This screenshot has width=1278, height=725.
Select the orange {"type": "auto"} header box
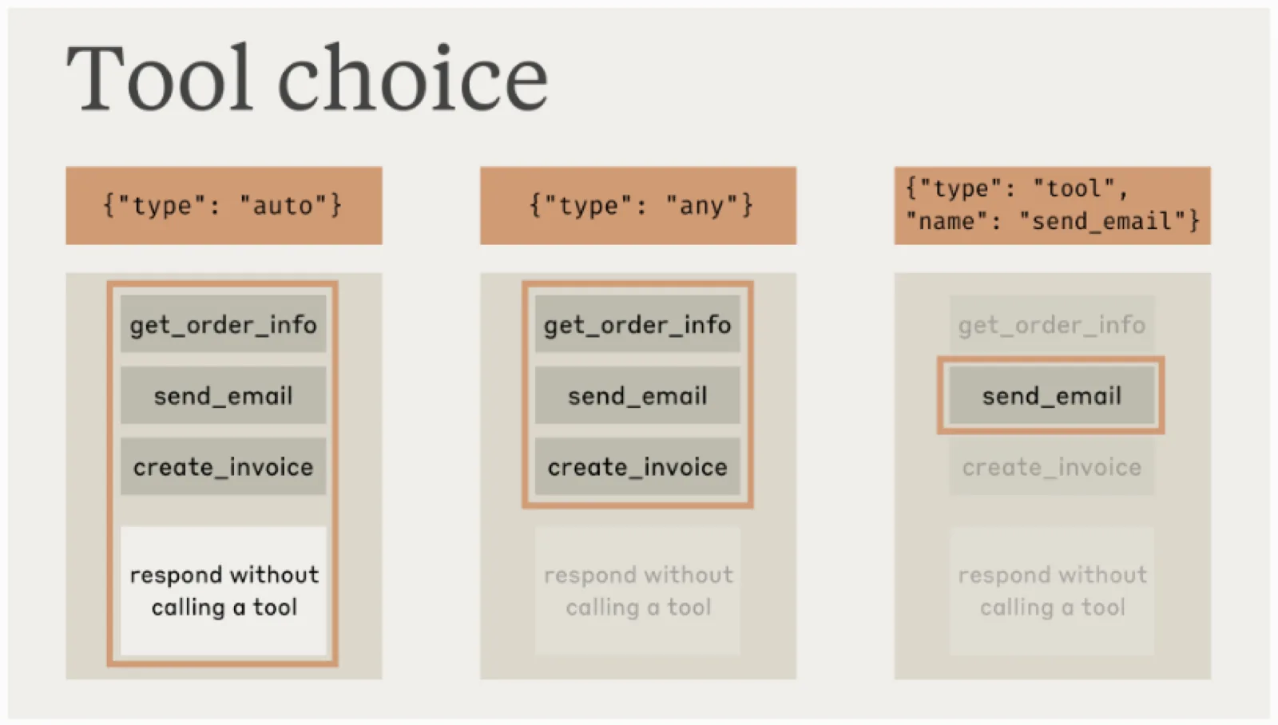coord(224,205)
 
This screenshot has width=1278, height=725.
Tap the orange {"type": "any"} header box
coord(638,205)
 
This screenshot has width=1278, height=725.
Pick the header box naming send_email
coord(1052,205)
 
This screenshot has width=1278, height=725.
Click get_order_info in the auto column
coord(223,323)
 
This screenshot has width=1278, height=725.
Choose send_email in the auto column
coord(223,394)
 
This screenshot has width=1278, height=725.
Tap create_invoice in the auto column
coord(223,466)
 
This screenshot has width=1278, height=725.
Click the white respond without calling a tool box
coord(223,590)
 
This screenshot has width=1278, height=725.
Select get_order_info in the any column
coord(637,323)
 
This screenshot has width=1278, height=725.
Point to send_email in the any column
coord(637,394)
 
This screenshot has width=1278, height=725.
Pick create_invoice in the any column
coord(637,466)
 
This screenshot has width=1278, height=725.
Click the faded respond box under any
coord(637,590)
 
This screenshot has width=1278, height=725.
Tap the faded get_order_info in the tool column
coord(1052,323)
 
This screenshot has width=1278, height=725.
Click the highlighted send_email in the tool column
coord(1052,394)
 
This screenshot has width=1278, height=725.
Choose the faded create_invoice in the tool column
coord(1052,466)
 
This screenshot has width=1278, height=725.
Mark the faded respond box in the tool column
coord(1052,590)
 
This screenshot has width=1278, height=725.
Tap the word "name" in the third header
coord(947,221)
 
